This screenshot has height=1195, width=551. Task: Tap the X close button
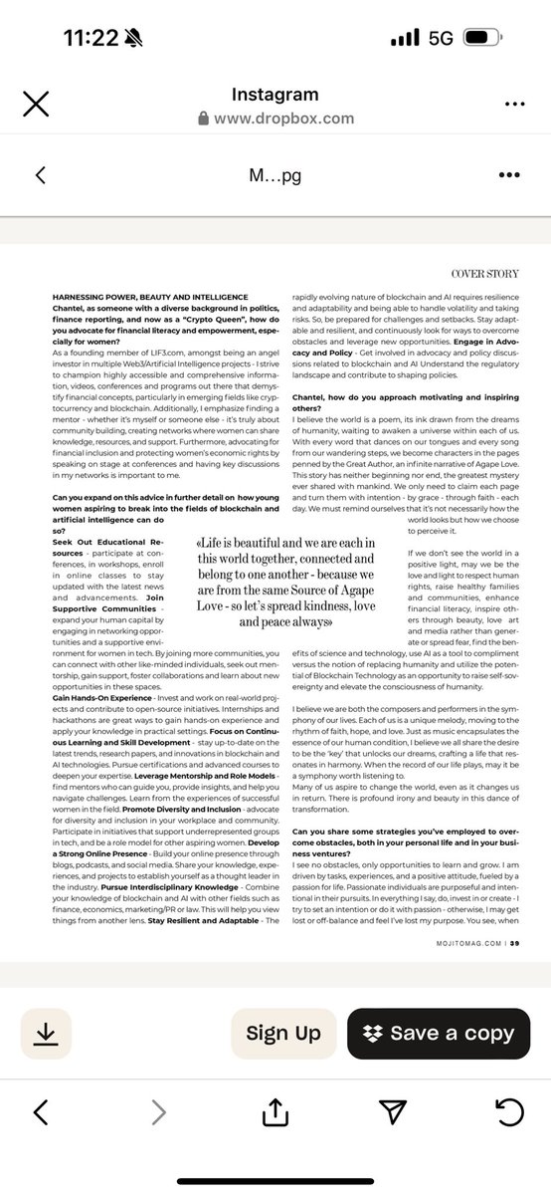point(36,105)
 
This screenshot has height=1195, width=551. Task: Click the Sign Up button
point(283,1033)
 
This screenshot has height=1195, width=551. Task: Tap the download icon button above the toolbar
point(45,1033)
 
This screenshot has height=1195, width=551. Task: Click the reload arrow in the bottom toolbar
point(508,1111)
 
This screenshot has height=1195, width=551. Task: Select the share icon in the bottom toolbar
point(275,1110)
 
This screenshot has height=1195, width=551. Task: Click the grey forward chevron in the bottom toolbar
point(159,1112)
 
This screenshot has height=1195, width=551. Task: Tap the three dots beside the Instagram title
point(514,105)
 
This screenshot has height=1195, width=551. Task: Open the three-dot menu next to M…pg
point(509,175)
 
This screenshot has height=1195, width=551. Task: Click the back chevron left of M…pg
point(41,175)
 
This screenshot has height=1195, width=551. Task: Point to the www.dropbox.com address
point(283,119)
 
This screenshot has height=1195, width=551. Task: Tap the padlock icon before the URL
point(204,119)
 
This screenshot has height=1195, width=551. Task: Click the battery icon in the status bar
point(488,39)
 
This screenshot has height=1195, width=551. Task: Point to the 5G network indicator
point(441,39)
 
